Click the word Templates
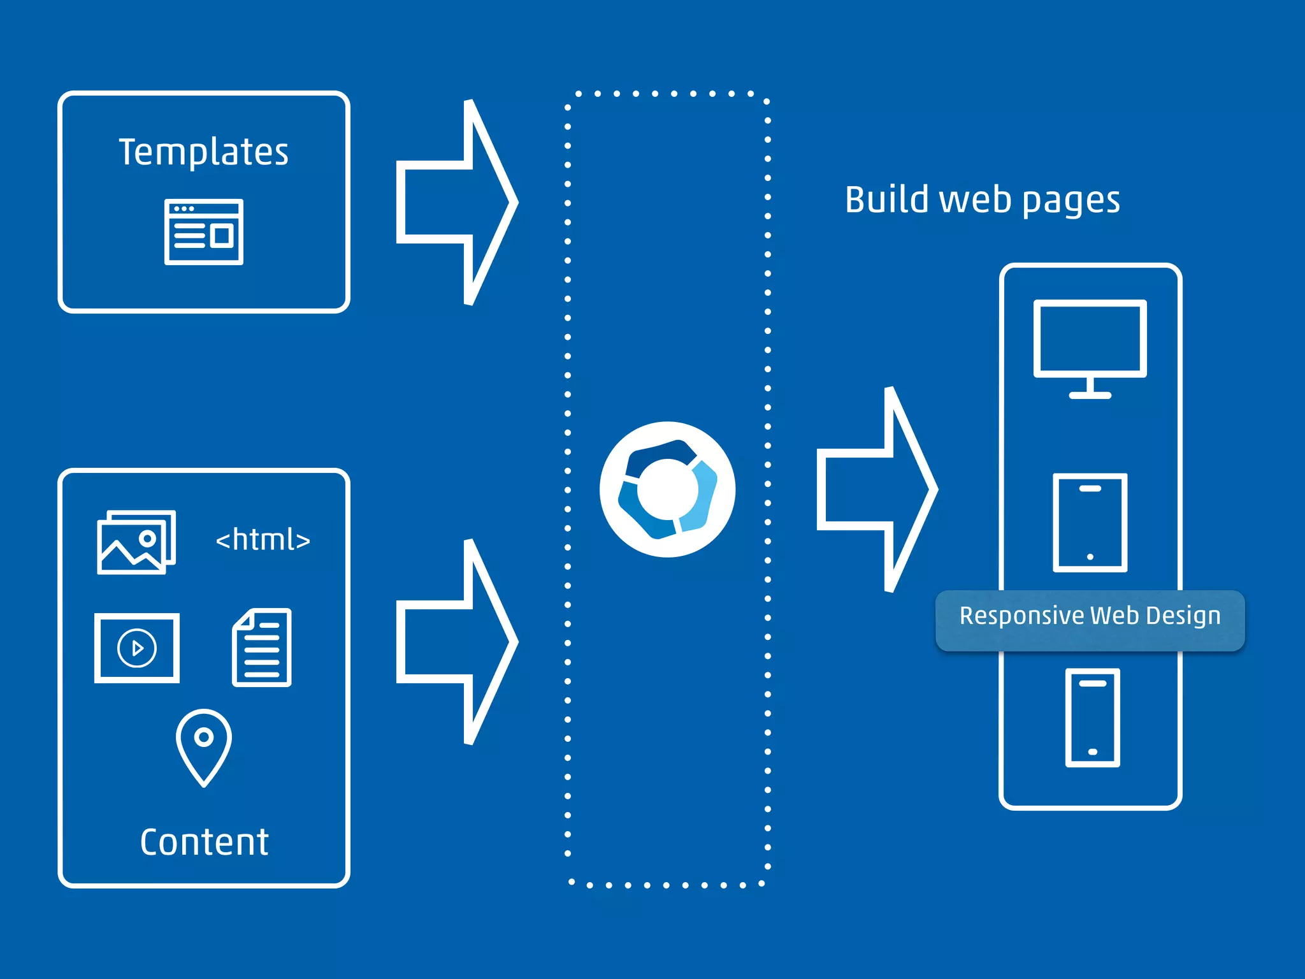[203, 152]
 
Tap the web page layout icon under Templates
[204, 232]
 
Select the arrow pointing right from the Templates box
[456, 203]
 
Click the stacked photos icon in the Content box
[136, 542]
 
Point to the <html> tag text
[263, 540]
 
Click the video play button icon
[137, 648]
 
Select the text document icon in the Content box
[262, 648]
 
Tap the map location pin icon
[204, 746]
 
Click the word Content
[204, 842]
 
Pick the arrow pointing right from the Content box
[456, 642]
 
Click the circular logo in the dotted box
[667, 489]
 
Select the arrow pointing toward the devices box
[877, 489]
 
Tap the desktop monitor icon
[1090, 340]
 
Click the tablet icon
[1090, 523]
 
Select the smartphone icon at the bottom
[1092, 717]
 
